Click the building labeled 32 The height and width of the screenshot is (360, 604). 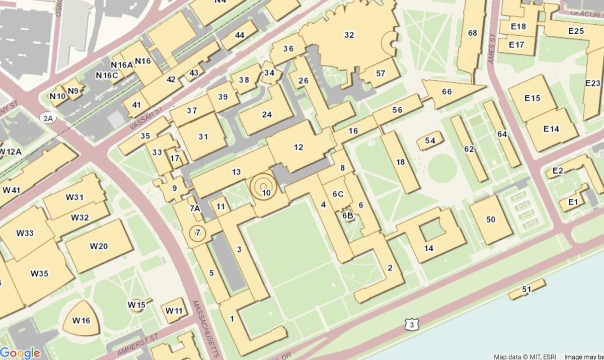click(349, 35)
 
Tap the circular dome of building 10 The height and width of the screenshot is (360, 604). click(264, 188)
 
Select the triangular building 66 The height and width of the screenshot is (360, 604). click(447, 92)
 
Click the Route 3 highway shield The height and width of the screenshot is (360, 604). click(412, 326)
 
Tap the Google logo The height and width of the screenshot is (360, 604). click(20, 353)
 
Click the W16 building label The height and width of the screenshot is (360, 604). click(81, 321)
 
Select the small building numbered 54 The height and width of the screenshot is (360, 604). click(430, 141)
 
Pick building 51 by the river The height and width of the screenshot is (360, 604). click(527, 290)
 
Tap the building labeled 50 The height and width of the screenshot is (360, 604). click(491, 220)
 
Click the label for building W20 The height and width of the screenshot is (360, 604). click(99, 246)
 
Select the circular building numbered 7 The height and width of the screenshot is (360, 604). click(198, 233)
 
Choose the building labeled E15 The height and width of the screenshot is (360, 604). click(532, 98)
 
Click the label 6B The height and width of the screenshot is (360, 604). click(348, 215)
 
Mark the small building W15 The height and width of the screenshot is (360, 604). click(136, 305)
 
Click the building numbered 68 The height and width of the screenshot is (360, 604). click(472, 33)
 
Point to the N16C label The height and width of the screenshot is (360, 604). click(107, 76)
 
